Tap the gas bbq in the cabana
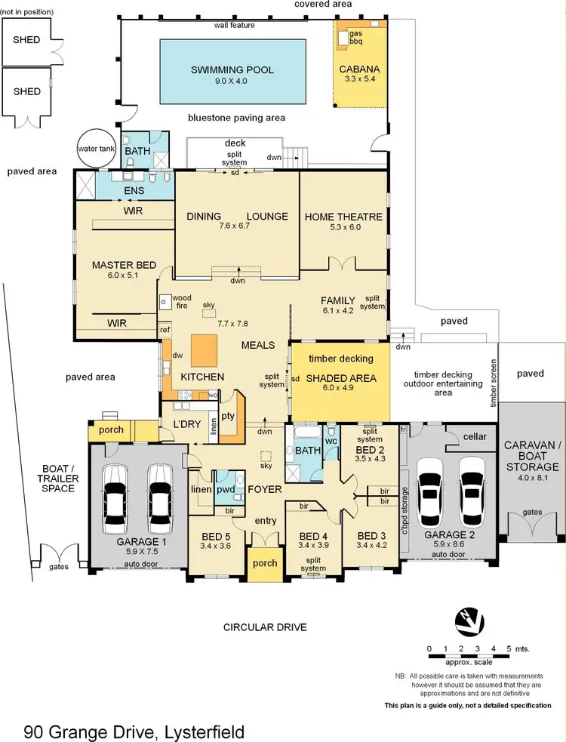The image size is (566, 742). point(355,38)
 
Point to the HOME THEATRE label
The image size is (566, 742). point(343,217)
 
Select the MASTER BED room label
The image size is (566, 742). point(124,265)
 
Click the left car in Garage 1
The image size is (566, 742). point(116,494)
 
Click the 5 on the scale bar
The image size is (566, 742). point(509,648)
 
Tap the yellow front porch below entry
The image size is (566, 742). point(264,563)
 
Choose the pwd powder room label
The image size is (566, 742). point(226,489)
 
